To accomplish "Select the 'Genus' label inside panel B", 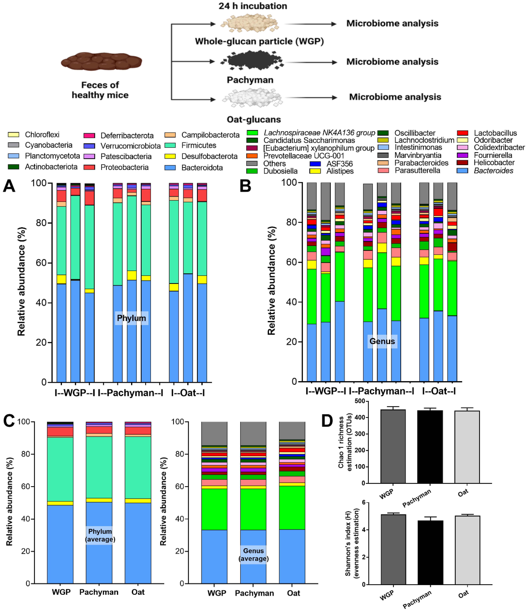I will point(382,341).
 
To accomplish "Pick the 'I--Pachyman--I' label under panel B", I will point(381,391).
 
